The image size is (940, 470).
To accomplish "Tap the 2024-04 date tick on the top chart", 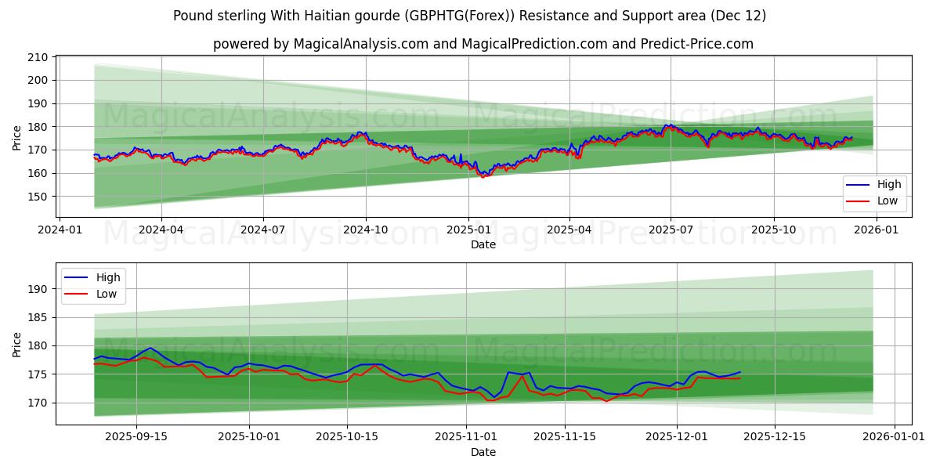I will (x=161, y=230).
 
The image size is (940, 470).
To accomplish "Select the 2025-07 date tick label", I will (x=671, y=230).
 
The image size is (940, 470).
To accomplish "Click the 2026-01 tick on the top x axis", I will (x=876, y=230).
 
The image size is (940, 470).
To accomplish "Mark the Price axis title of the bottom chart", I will (x=17, y=344).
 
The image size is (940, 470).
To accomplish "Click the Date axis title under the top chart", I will (x=483, y=244).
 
